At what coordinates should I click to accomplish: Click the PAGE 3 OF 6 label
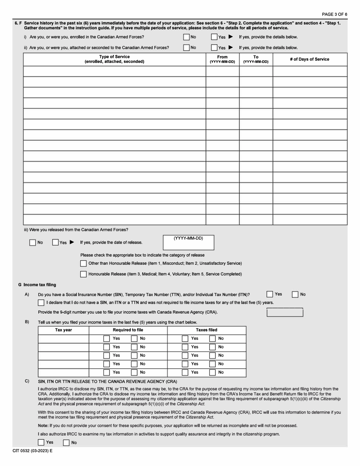334,14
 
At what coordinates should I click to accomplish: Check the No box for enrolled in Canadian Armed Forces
186,37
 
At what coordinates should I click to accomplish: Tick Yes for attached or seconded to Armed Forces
214,48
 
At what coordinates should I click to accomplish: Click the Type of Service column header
114,59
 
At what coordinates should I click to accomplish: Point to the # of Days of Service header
310,59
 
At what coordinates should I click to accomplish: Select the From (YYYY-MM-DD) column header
222,59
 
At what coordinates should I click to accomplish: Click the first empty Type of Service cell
114,71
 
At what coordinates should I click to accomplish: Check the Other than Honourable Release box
83,263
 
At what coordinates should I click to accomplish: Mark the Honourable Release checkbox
83,274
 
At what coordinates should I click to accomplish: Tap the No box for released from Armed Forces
33,242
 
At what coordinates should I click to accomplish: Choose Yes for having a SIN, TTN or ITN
269,294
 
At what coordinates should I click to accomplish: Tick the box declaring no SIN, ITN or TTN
41,302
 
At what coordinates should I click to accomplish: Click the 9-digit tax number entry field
285,313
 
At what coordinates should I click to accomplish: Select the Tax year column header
63,330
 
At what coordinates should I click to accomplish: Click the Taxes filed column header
207,330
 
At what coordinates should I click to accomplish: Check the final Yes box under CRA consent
41,442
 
